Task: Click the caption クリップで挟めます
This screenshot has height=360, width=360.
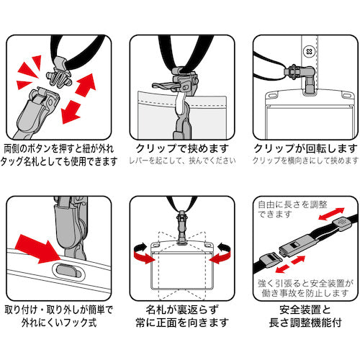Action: pos(182,148)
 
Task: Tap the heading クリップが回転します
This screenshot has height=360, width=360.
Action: pos(305,148)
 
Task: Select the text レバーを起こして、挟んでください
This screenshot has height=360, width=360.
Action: pos(182,161)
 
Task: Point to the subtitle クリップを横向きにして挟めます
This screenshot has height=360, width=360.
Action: pos(305,161)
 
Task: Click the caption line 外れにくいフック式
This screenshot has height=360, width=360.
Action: pos(59,323)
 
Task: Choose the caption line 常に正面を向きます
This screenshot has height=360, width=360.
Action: pos(182,323)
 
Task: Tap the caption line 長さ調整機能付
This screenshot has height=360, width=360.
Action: pos(305,323)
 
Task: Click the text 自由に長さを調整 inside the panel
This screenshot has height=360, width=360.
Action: pos(292,204)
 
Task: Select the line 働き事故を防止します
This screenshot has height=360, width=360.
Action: pos(305,293)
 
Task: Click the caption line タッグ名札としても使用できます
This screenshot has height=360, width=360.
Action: pos(59,161)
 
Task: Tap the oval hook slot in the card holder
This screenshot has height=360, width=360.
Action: pos(68,271)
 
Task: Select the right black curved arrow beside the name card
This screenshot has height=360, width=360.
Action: pos(224,248)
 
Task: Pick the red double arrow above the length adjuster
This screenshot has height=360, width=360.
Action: pos(331,214)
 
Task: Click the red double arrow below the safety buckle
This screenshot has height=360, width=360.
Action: pos(290,264)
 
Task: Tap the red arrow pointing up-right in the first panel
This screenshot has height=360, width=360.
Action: pos(86,85)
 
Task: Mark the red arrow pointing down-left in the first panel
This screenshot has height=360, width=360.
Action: pos(71,112)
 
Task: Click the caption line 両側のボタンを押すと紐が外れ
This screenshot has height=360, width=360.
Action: pos(59,149)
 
